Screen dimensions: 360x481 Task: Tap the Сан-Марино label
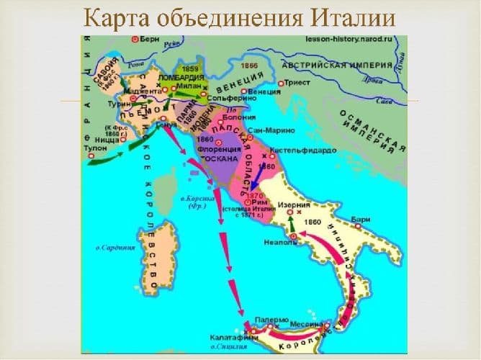(x=267, y=132)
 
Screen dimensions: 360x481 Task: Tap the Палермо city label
(x=272, y=319)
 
